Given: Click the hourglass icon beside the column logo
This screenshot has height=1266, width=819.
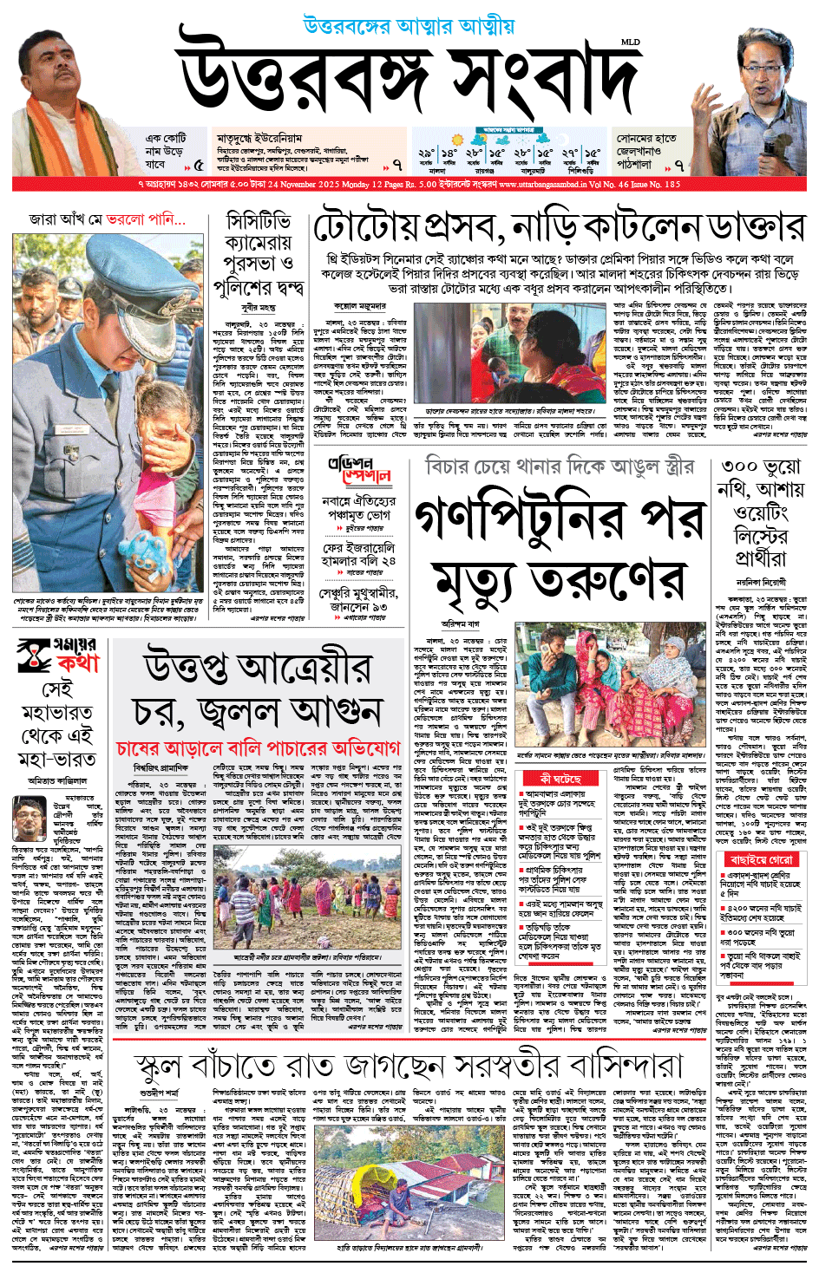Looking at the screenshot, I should (35, 656).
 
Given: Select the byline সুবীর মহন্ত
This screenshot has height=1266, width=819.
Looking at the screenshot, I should (259, 308).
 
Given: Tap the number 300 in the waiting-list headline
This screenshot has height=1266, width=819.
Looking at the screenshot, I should (737, 467).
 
